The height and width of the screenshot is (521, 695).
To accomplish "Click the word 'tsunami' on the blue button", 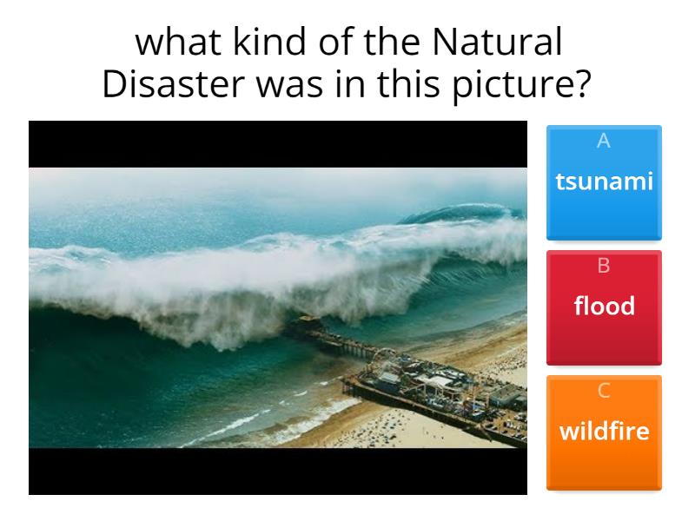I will click(x=604, y=181).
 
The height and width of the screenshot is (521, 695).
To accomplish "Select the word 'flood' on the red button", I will click(x=604, y=306).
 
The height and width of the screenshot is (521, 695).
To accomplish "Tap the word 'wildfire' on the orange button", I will click(x=604, y=431).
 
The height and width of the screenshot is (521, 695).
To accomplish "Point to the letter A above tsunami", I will click(x=604, y=141).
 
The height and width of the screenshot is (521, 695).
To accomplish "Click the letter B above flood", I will click(x=604, y=266).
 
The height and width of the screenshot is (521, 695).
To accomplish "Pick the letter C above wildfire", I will click(x=604, y=391).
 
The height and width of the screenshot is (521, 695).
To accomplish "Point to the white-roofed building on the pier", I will click(x=440, y=382).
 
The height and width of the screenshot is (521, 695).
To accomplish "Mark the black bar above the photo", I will click(x=278, y=144).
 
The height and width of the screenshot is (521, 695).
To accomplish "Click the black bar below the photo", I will click(x=278, y=472).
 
